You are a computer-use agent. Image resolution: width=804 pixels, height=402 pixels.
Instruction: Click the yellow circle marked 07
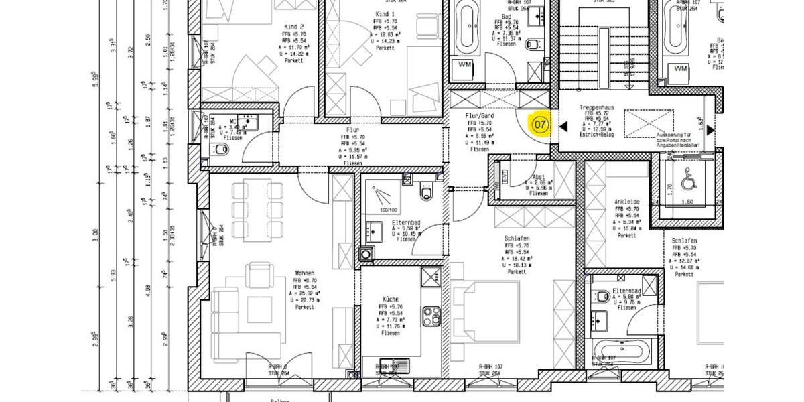[x=540, y=125]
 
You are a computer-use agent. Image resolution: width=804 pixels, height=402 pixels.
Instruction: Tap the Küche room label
[x=391, y=300]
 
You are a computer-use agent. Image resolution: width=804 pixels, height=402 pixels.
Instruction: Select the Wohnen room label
[x=304, y=273]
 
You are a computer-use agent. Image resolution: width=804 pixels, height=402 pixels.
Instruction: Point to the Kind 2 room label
[x=293, y=27]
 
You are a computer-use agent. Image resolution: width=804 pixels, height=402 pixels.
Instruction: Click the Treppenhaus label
[x=596, y=107]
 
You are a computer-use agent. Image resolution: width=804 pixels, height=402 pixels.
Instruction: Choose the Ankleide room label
[x=626, y=202]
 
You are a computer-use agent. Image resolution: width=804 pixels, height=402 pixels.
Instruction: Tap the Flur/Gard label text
[x=479, y=115]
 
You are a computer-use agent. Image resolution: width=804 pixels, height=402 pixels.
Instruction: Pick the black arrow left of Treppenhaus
[x=563, y=126]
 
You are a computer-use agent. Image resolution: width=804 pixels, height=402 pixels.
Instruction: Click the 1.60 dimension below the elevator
[x=686, y=201]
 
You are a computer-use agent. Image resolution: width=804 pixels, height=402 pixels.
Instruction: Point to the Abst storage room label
[x=538, y=177]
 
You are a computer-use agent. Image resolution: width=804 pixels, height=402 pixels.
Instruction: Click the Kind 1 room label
[x=385, y=14]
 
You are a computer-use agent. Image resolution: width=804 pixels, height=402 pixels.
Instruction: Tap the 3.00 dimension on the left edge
[x=96, y=235]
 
